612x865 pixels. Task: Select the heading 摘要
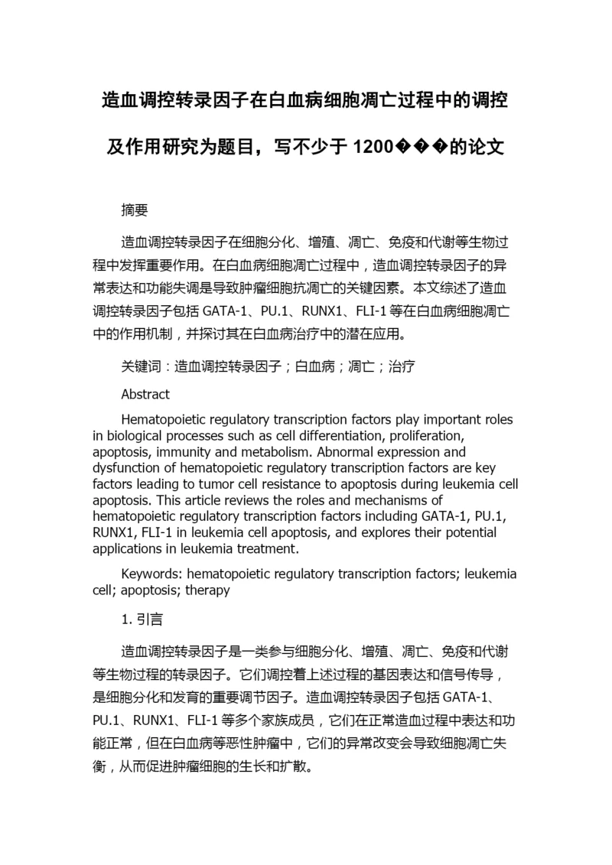point(135,210)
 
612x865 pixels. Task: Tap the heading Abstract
point(145,395)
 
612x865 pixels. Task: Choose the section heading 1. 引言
point(142,618)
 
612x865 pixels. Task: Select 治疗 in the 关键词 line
point(402,366)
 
